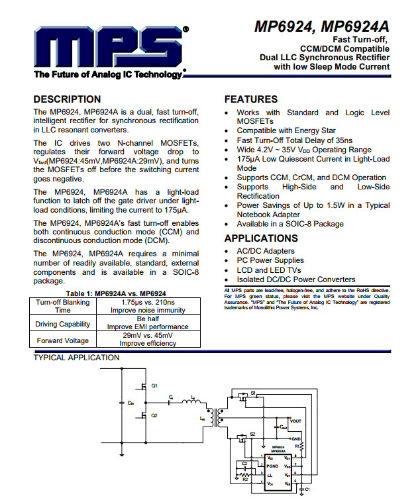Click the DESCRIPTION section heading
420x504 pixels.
click(x=67, y=99)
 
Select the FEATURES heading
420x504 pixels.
click(x=251, y=99)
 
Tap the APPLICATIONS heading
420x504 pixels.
click(x=261, y=238)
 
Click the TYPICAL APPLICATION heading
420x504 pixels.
click(x=77, y=358)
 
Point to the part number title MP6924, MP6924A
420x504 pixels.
click(x=322, y=27)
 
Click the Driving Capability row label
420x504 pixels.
click(x=63, y=324)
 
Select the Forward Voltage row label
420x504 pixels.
click(x=63, y=340)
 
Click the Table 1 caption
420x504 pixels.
click(x=116, y=293)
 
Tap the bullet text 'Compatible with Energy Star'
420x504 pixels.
click(x=286, y=131)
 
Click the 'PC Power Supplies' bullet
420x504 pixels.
click(x=271, y=261)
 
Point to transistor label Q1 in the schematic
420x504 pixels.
click(x=154, y=385)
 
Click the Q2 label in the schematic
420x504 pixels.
click(x=154, y=415)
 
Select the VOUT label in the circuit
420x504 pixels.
click(x=295, y=421)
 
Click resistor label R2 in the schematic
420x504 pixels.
click(x=244, y=478)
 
